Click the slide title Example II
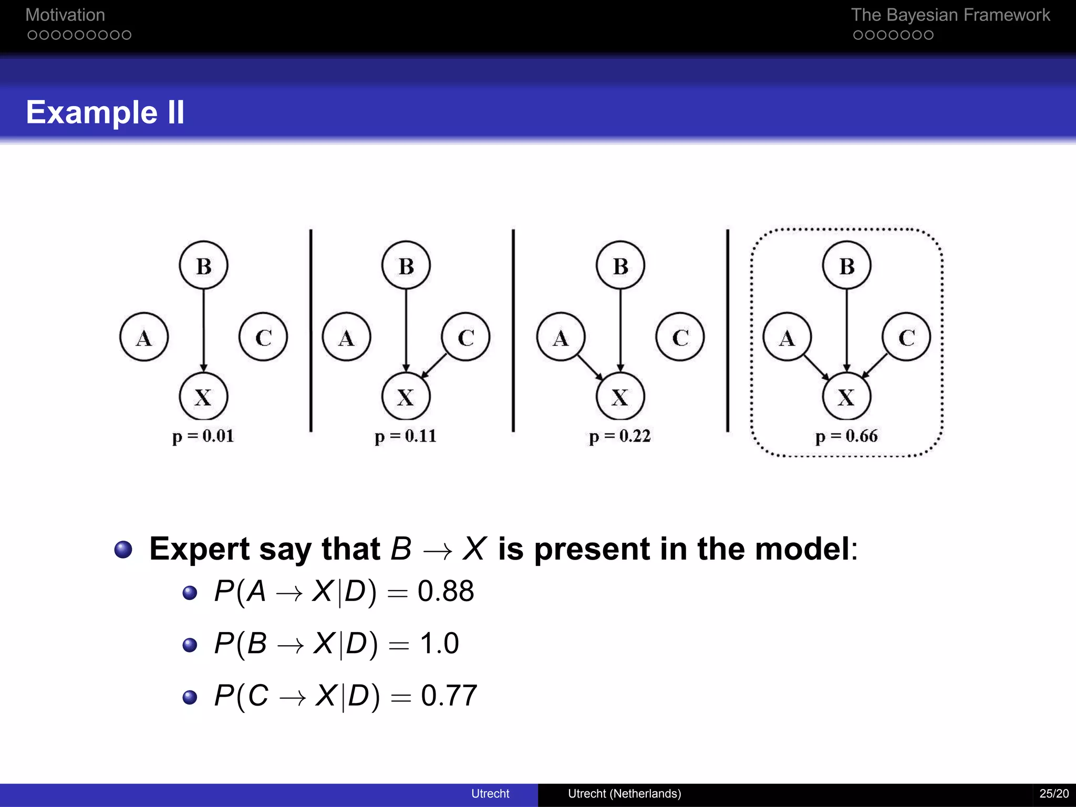[x=105, y=112]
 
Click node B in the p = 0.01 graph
[x=203, y=265]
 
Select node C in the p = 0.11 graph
[x=465, y=337]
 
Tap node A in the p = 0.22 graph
[x=561, y=337]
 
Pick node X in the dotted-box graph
[x=846, y=397]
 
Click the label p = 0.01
[x=203, y=436]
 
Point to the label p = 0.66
[x=846, y=436]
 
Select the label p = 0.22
[x=620, y=436]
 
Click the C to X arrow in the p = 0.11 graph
[x=434, y=365]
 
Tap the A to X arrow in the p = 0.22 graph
[x=589, y=366]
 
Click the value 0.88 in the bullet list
[x=446, y=591]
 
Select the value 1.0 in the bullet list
[x=439, y=643]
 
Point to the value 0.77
[x=449, y=696]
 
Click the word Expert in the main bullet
[x=199, y=550]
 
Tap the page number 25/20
[x=1053, y=793]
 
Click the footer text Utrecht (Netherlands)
[x=624, y=793]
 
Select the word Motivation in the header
[x=65, y=15]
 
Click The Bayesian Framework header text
[x=950, y=15]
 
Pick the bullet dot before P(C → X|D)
[x=190, y=697]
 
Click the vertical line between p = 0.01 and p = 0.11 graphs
[x=311, y=331]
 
